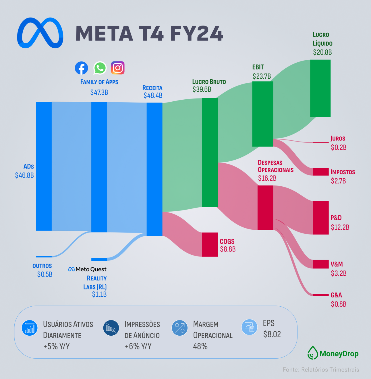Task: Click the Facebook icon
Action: pos(81,68)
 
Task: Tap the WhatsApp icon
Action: pos(100,68)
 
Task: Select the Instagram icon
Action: pos(118,68)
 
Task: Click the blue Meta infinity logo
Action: pos(40,33)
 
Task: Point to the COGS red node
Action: pos(210,244)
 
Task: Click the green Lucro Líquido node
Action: pos(320,88)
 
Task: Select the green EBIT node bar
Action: pos(262,114)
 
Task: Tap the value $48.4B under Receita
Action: pos(153,96)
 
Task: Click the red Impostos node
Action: pos(320,172)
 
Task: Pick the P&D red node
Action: pos(320,218)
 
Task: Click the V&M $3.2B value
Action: pos(339,273)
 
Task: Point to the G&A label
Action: pos(336,295)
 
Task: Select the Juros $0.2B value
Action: pos(339,147)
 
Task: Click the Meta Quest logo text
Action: pos(88,269)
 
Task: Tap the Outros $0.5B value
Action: pos(45,274)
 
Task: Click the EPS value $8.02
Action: pos(272,334)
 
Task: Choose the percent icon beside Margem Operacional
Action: pos(180,328)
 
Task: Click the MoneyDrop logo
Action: pos(333,353)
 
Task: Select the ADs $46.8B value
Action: pos(24,175)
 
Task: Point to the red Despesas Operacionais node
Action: pos(265,208)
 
